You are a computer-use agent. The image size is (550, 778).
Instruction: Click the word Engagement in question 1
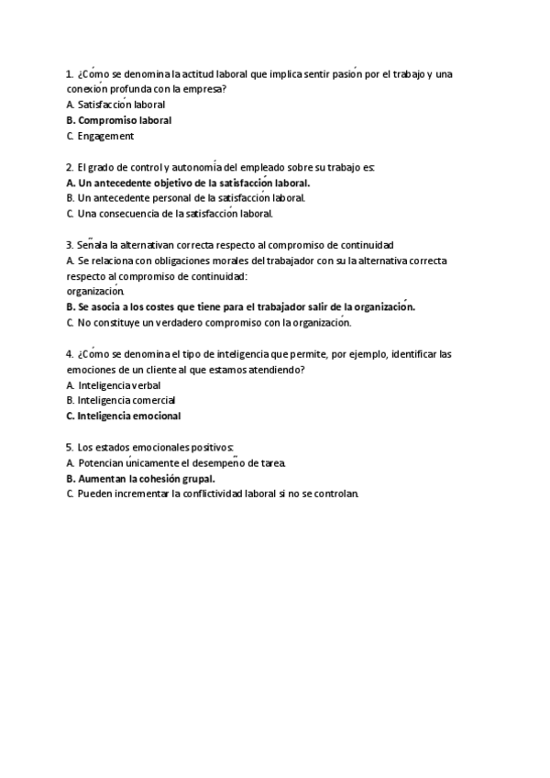[106, 137]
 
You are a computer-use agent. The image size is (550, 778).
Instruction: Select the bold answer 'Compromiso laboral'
[125, 120]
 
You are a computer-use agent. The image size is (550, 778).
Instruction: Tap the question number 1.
[70, 73]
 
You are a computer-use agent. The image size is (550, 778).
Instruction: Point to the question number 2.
[70, 167]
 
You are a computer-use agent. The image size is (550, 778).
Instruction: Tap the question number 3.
[70, 245]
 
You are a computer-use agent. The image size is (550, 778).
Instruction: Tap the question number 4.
[70, 353]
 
